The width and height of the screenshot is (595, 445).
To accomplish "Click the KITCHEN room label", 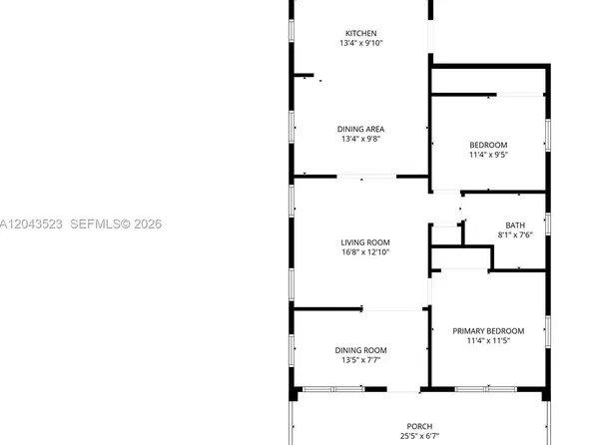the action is [360, 33].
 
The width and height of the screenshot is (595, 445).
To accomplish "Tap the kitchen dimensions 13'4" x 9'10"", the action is [360, 43].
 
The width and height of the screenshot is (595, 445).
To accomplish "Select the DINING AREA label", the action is [360, 129].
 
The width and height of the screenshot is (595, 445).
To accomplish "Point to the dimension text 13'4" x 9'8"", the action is [360, 139].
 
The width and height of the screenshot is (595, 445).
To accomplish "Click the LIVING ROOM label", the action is [365, 242].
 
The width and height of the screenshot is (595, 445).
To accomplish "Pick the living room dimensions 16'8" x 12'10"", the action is [365, 251].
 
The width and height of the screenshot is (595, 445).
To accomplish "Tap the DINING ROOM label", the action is [360, 350].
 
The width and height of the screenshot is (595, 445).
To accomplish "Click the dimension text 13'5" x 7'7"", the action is [360, 359].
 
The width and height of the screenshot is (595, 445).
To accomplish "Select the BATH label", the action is [515, 225].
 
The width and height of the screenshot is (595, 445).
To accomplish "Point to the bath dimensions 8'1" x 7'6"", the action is [515, 234].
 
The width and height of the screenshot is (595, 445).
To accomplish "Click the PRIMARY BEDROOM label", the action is [488, 331].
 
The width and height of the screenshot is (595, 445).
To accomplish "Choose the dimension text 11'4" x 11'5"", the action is [488, 340].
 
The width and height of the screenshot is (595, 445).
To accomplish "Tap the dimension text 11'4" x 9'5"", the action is [488, 155].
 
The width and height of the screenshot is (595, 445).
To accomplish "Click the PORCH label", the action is [419, 426].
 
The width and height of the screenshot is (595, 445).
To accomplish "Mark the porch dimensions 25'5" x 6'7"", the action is [419, 436].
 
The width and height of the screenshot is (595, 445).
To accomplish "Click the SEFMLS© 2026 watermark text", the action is [116, 223].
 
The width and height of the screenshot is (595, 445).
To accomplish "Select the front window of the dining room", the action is [333, 389].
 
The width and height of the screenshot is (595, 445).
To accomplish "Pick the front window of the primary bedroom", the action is [486, 389].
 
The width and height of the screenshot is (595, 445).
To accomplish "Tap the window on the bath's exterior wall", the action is [548, 223].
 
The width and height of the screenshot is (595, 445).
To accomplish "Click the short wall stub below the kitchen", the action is [303, 75].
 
